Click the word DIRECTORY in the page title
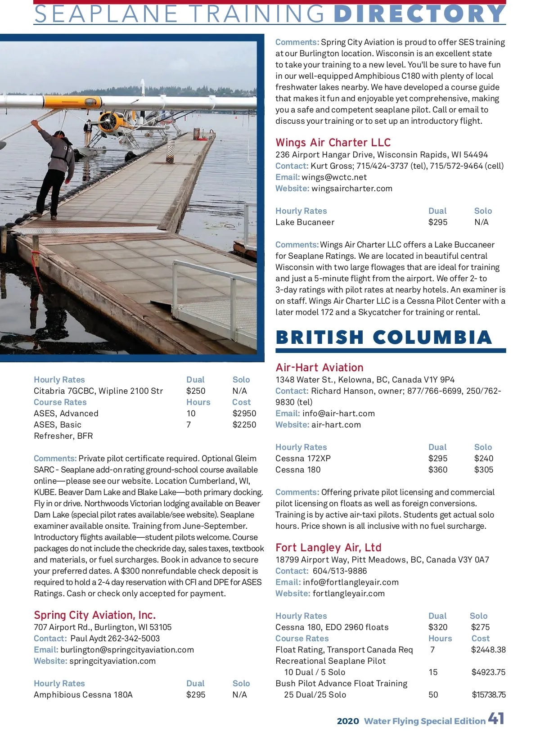[x=419, y=14]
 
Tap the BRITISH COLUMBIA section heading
[x=384, y=338]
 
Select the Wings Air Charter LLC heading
[x=333, y=143]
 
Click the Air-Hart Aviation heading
[x=319, y=368]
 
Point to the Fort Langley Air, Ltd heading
[x=328, y=548]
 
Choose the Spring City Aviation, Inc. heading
[x=95, y=615]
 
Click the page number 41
[x=496, y=719]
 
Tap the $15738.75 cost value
[x=489, y=695]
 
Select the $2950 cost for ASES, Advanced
[x=244, y=414]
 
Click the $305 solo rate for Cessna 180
[x=484, y=470]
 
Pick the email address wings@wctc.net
[x=334, y=177]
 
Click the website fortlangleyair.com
[x=349, y=594]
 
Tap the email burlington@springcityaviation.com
[x=127, y=650]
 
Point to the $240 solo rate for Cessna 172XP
[x=484, y=459]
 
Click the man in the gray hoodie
[x=56, y=162]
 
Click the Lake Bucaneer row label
[x=305, y=222]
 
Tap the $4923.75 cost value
[x=488, y=672]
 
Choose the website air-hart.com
[x=336, y=425]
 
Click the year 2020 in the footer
[x=348, y=721]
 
